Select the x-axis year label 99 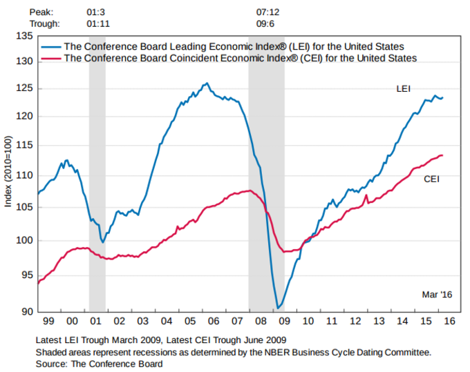[x=48, y=322]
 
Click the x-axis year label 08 [x=261, y=322]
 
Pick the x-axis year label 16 [x=449, y=322]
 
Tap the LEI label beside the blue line [x=404, y=89]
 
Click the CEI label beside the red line [x=431, y=179]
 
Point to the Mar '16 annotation [x=437, y=295]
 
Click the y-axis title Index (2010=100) [x=8, y=173]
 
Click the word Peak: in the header [x=42, y=12]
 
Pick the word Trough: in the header [x=46, y=23]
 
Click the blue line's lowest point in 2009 [x=277, y=308]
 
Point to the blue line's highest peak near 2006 [x=206, y=84]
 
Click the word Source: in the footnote [x=53, y=364]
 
